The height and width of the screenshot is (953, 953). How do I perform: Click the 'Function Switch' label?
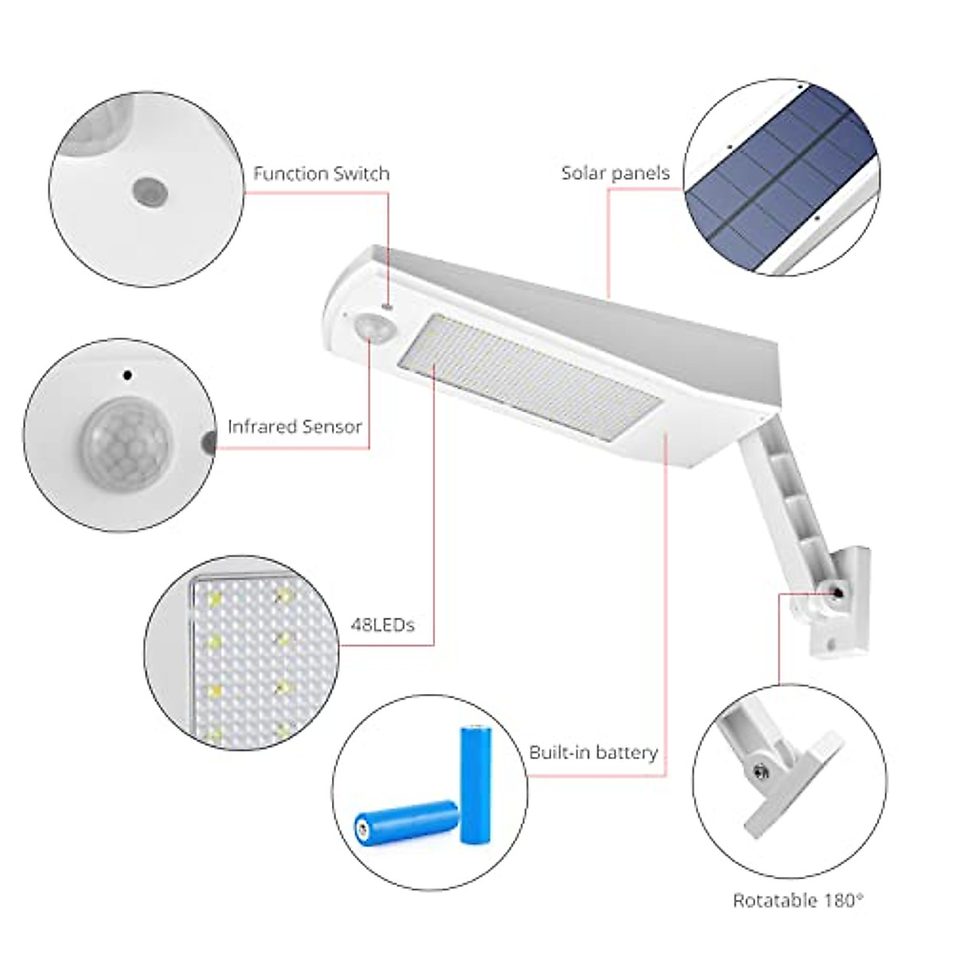pos(321,174)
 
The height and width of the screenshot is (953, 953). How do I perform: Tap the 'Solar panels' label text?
pos(615,173)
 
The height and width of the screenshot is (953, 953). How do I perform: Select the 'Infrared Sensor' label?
pos(295,426)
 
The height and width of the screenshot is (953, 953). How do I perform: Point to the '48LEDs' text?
pos(383,625)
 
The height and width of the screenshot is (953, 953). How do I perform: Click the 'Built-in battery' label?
pos(593,752)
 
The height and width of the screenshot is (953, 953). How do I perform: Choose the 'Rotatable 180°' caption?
pos(797,900)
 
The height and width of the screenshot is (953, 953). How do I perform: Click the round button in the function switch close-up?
pos(149,190)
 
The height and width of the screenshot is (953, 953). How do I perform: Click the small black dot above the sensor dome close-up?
pos(127,373)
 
